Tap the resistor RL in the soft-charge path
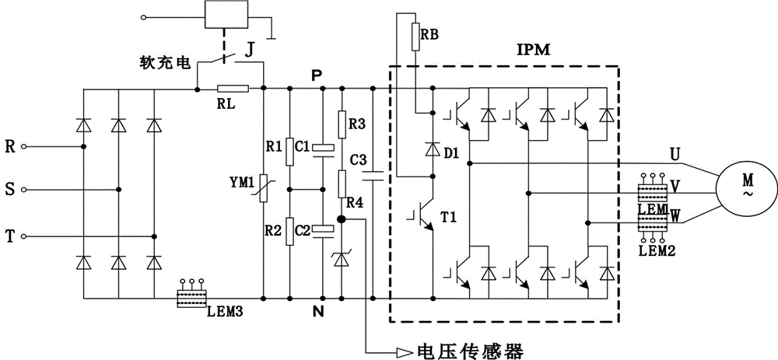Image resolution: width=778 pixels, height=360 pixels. coord(233,89)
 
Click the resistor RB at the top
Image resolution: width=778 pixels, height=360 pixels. coord(415,33)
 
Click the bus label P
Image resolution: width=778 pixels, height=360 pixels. coord(315,74)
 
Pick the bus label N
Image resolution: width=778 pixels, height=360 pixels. coord(315,312)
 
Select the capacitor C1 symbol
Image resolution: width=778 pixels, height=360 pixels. coord(323,148)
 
